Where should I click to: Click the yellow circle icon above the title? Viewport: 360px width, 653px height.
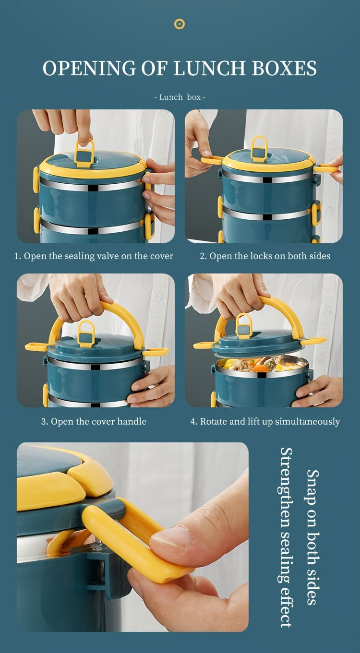[180, 24]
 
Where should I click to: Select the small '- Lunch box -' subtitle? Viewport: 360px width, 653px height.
[180, 97]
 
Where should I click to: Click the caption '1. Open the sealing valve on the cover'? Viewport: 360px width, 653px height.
[94, 256]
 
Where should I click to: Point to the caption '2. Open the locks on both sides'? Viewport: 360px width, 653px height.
[265, 256]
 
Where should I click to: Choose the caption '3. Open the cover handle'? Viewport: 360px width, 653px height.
[94, 421]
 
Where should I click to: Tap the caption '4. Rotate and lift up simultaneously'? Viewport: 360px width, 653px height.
[265, 421]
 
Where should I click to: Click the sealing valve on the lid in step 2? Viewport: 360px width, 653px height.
[259, 150]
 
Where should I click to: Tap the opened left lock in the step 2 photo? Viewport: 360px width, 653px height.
[212, 160]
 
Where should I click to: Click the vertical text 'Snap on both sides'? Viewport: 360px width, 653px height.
[312, 537]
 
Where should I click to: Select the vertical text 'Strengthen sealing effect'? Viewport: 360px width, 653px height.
[286, 537]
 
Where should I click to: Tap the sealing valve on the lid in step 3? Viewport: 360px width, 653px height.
[86, 334]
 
